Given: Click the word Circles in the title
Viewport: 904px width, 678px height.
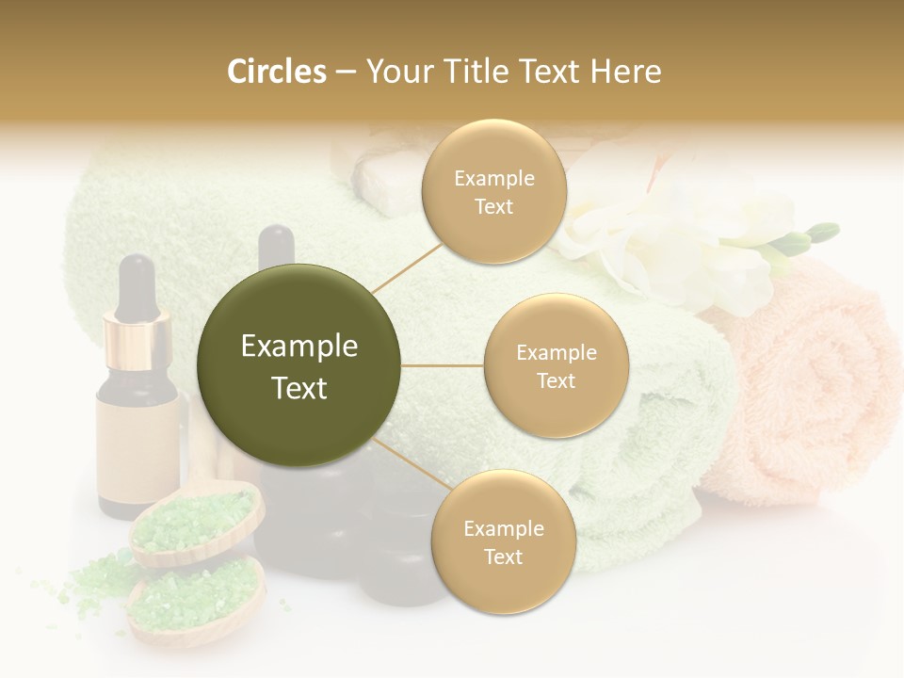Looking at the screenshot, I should [x=277, y=72].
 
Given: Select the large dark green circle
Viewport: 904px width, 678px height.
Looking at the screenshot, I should [x=299, y=365].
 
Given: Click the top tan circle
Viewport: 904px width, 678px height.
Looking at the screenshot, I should [x=494, y=192].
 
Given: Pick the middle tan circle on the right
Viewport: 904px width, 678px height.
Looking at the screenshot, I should [x=557, y=365].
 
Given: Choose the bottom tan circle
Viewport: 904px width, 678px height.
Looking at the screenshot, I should [x=503, y=542].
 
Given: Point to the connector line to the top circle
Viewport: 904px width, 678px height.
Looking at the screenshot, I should [x=405, y=266].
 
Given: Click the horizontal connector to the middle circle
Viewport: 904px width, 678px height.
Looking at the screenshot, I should [x=442, y=365].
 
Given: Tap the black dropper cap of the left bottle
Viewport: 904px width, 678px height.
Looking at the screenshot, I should [x=137, y=283].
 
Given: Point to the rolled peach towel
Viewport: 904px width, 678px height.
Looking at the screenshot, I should [x=810, y=395].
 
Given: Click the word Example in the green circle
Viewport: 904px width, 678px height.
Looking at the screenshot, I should [x=299, y=347].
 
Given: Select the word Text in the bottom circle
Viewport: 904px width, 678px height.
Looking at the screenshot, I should [x=503, y=557].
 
